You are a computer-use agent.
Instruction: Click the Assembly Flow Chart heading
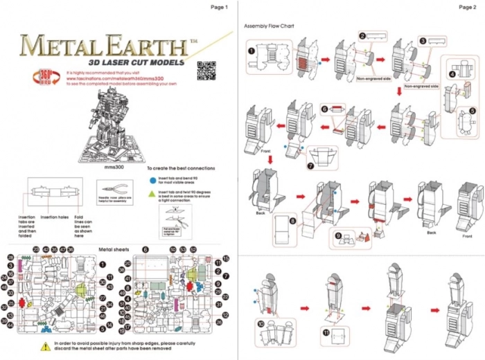pos(270,26)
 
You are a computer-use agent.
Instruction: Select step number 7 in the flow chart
pos(310,166)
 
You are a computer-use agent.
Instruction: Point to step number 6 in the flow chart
pos(324,109)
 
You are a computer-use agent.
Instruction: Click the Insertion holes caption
pos(54,217)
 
